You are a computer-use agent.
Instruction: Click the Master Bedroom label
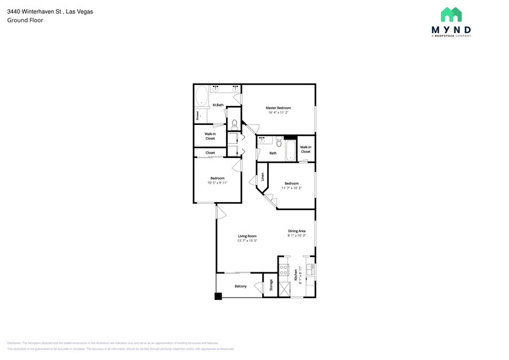coord(278,108)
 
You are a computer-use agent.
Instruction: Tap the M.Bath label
coord(217,105)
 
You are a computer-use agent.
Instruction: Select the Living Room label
coord(247,236)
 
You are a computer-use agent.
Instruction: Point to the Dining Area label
coord(296,231)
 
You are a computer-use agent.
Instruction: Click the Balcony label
coord(241,286)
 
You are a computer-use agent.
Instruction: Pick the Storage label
coord(271,286)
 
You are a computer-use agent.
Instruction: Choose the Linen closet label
coord(263,177)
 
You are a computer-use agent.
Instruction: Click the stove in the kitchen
coord(284,269)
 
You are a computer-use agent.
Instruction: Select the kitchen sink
coord(311,268)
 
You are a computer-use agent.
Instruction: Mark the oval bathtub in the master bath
coord(202,97)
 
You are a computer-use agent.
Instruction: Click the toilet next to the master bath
coord(234,125)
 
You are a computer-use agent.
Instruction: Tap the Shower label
coord(197,115)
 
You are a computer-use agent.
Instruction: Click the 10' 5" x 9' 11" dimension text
coord(217,182)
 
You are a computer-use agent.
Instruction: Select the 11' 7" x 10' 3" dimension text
coord(292,188)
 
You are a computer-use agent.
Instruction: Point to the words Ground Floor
coord(25,20)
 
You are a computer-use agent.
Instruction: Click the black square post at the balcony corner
coord(217,296)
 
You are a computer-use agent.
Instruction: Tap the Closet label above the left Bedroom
coord(210,152)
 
